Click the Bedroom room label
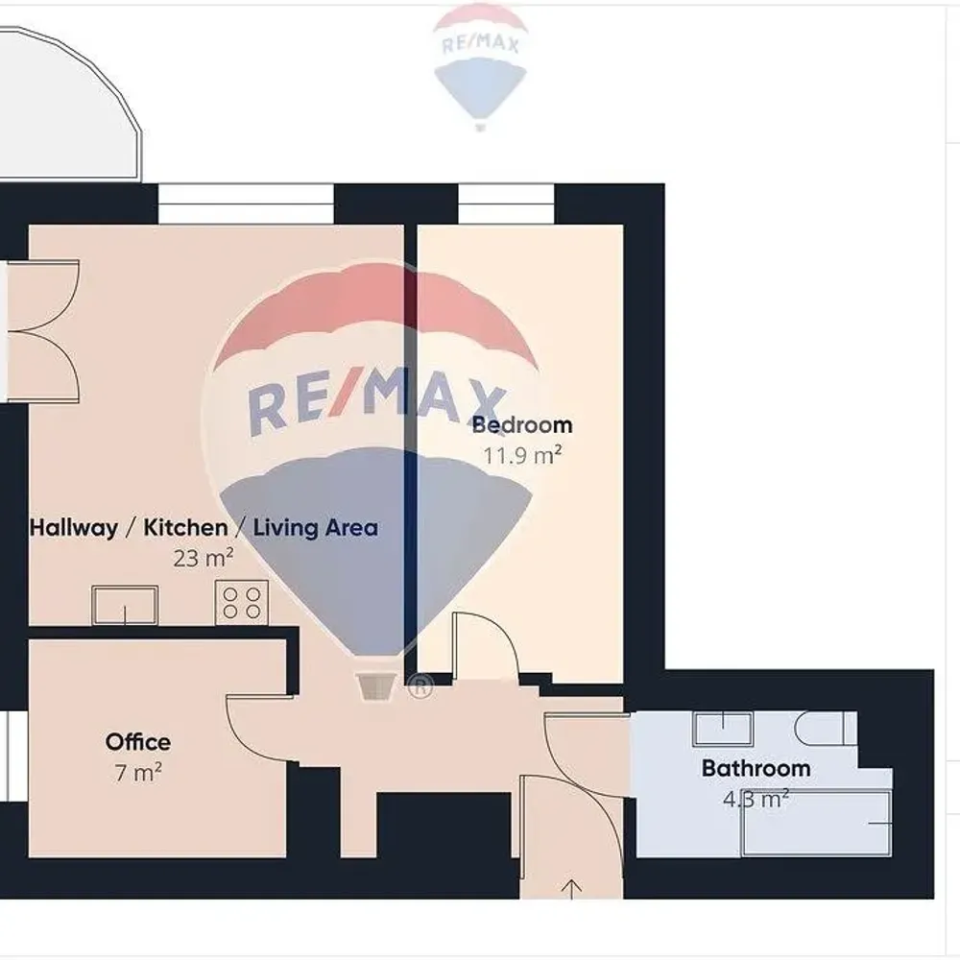pyautogui.click(x=522, y=424)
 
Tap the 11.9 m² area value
pyautogui.click(x=523, y=455)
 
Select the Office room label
pyautogui.click(x=137, y=742)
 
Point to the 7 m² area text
pyautogui.click(x=138, y=773)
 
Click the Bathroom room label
pyautogui.click(x=756, y=768)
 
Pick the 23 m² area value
pyautogui.click(x=204, y=558)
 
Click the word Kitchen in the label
pyautogui.click(x=185, y=528)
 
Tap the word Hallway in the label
pyautogui.click(x=74, y=528)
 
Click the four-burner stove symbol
pyautogui.click(x=242, y=603)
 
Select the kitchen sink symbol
pyautogui.click(x=125, y=605)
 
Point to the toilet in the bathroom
pyautogui.click(x=826, y=728)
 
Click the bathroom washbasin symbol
pyautogui.click(x=723, y=728)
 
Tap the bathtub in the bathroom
pyautogui.click(x=817, y=824)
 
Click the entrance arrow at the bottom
pyautogui.click(x=571, y=889)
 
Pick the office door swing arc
pyautogui.click(x=257, y=729)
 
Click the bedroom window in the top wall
pyautogui.click(x=506, y=204)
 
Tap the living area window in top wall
pyautogui.click(x=246, y=204)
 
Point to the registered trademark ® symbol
pyautogui.click(x=420, y=686)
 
